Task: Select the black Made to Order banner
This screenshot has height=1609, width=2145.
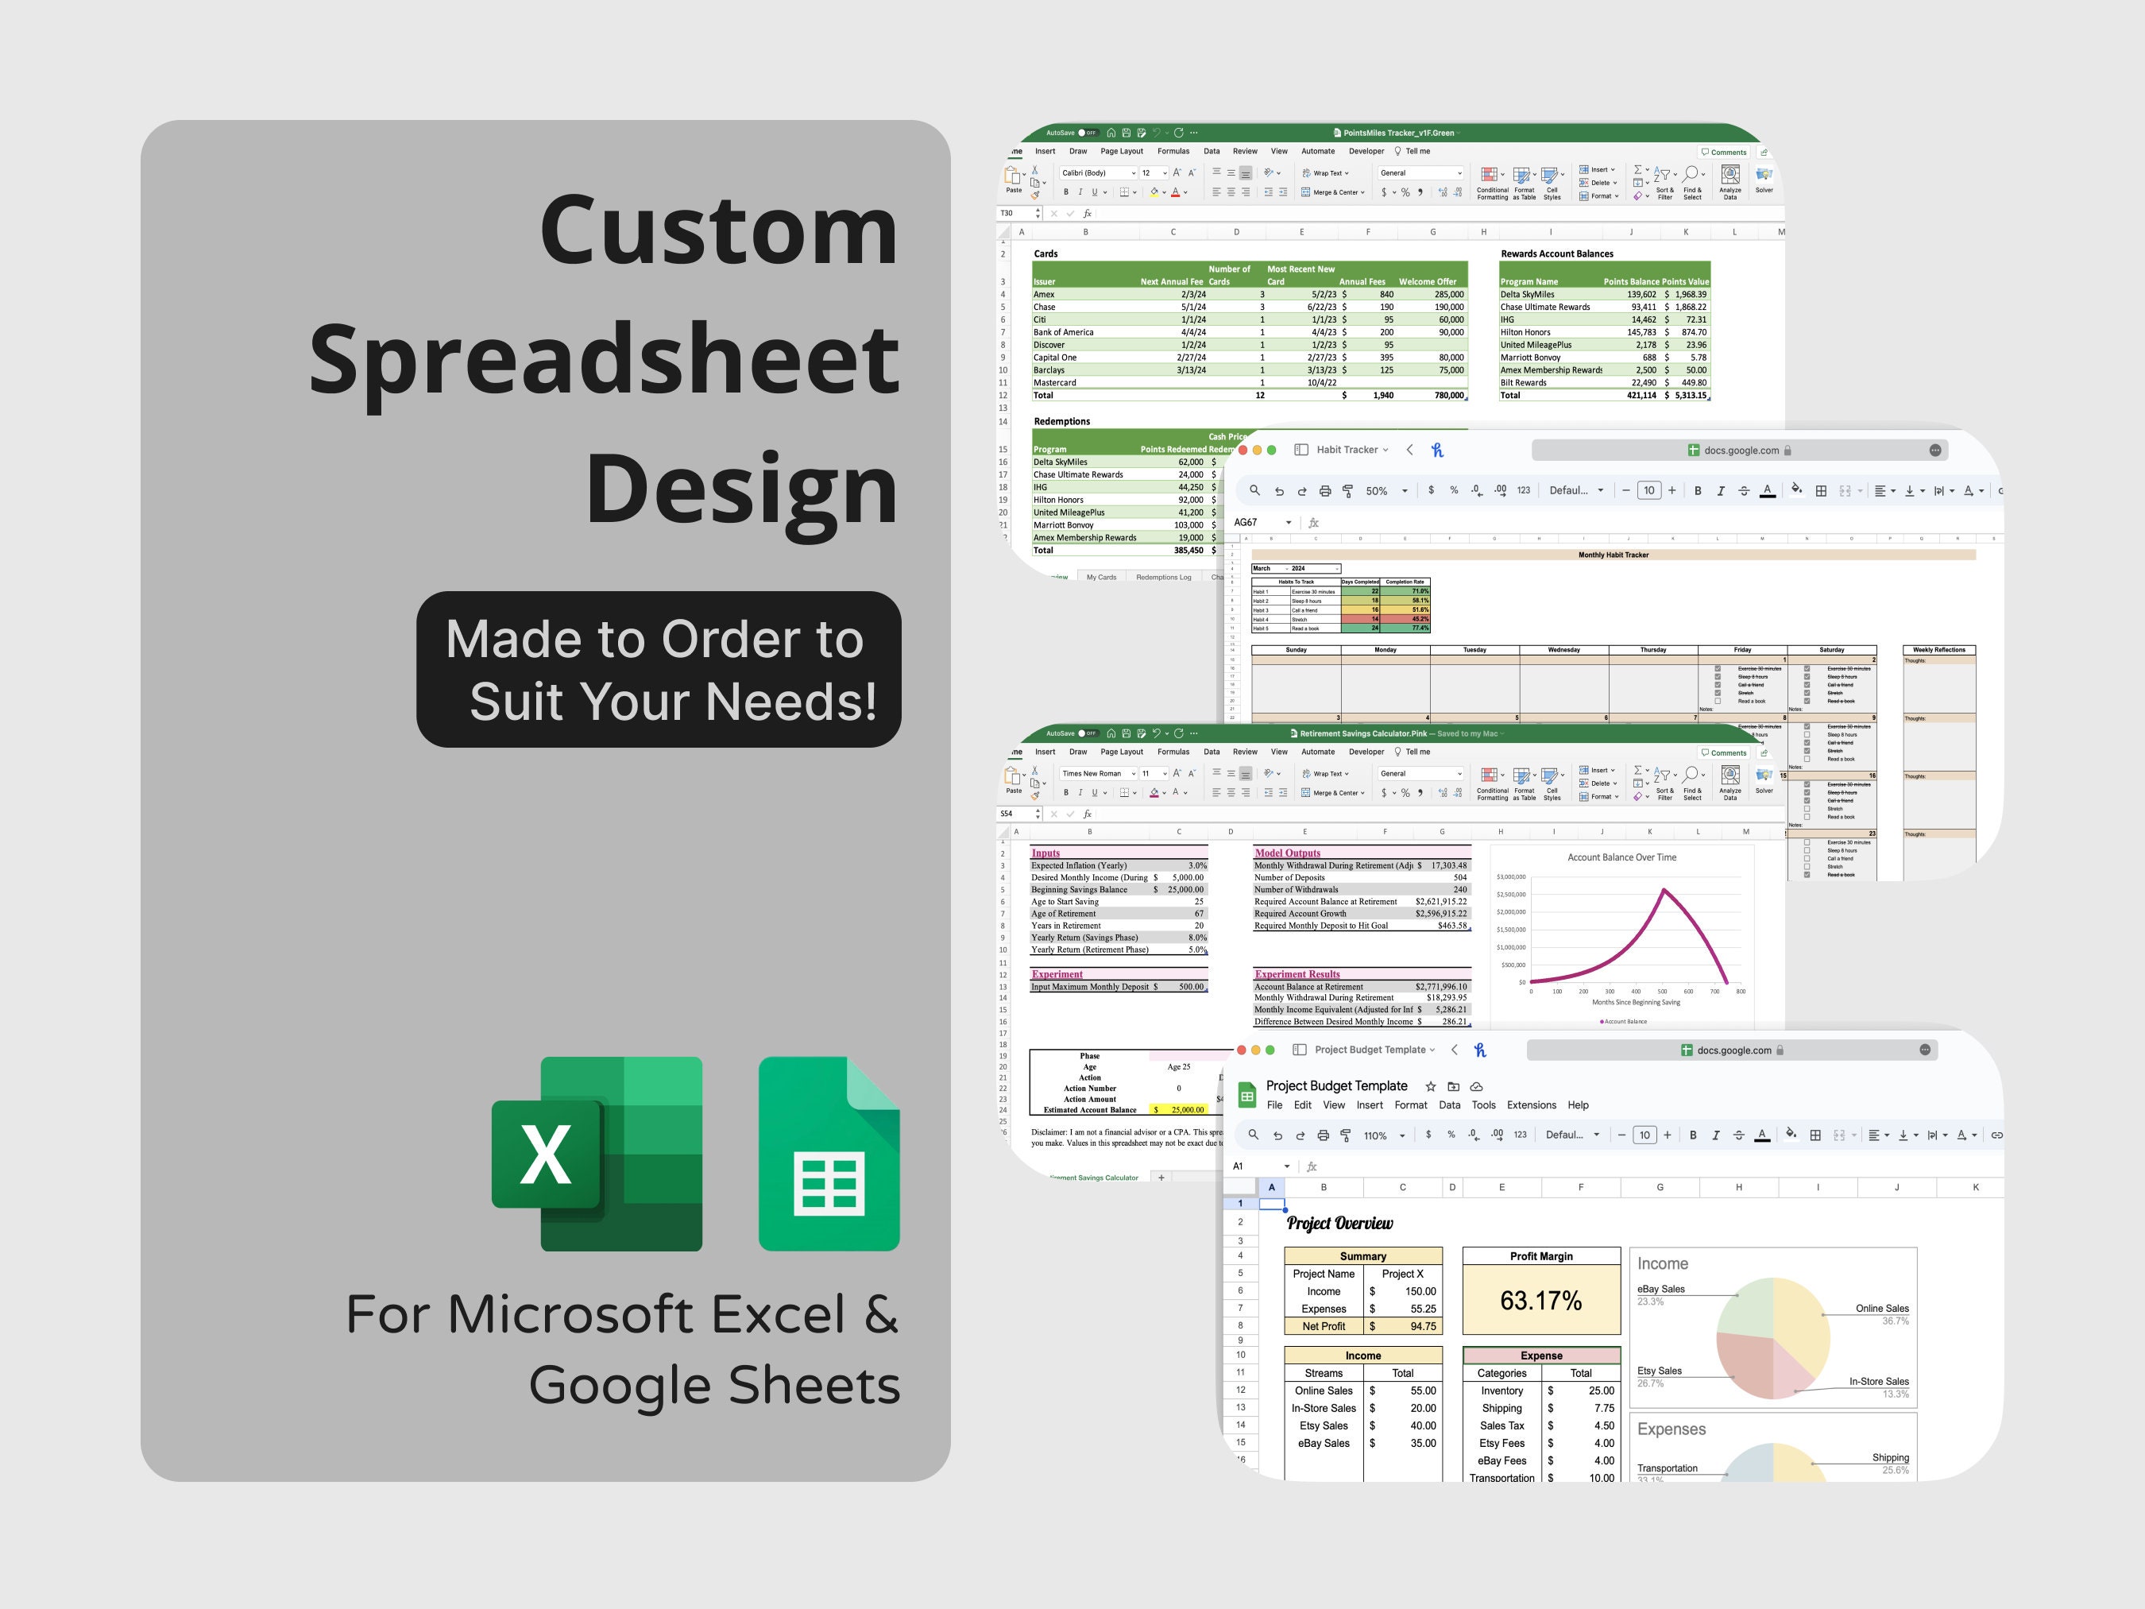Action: (659, 669)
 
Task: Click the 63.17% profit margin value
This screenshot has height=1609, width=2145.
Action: (1541, 1300)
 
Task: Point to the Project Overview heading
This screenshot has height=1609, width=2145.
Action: (1339, 1223)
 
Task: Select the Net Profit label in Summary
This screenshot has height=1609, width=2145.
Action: (1323, 1326)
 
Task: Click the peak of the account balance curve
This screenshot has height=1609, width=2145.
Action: (1664, 889)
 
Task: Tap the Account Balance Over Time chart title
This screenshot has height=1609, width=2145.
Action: (1621, 857)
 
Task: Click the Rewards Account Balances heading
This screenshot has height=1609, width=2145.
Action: (1556, 254)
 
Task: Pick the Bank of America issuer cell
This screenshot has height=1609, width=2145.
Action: (1063, 331)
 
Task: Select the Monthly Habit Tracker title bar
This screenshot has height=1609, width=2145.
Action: (1613, 555)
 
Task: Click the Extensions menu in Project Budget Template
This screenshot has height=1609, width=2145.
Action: (1530, 1104)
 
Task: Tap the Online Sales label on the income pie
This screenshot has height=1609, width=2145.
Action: (1881, 1309)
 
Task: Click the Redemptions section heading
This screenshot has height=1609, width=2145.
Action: (1062, 421)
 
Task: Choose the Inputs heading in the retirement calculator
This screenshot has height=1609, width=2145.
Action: (1045, 853)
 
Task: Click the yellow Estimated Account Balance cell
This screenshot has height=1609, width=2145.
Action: (1178, 1109)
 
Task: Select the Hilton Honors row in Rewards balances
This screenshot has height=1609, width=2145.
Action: (1525, 331)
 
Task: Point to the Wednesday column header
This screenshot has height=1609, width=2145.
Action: (1563, 650)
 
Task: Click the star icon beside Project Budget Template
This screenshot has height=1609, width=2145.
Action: (1430, 1086)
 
